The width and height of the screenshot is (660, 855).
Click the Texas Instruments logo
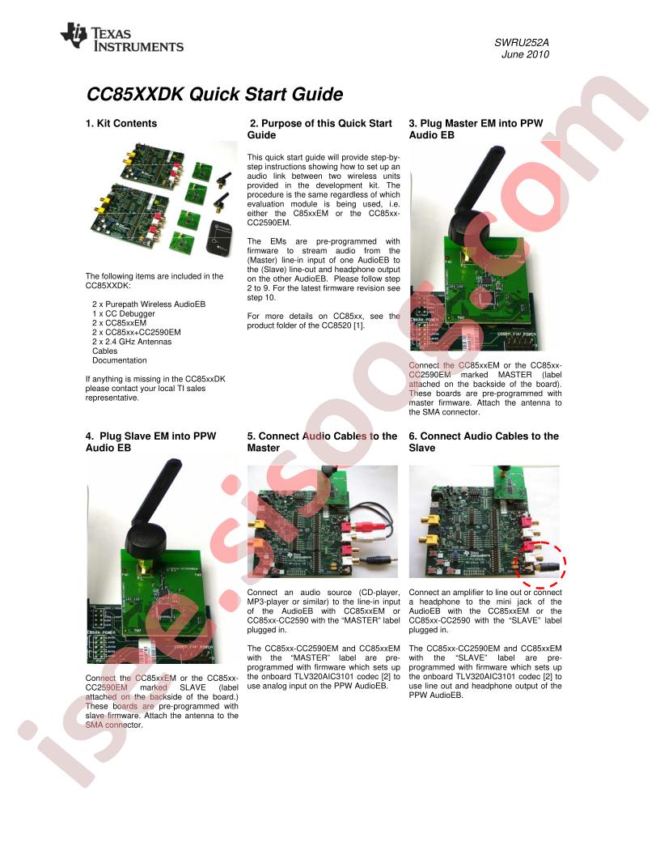122,37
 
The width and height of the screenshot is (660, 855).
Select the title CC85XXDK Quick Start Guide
214,95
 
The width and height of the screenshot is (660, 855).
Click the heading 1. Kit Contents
121,124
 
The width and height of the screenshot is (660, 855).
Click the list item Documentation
120,360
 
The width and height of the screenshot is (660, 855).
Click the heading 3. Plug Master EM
475,130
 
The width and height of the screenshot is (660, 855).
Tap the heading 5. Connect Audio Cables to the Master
322,442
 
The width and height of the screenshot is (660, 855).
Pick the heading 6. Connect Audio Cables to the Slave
484,442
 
